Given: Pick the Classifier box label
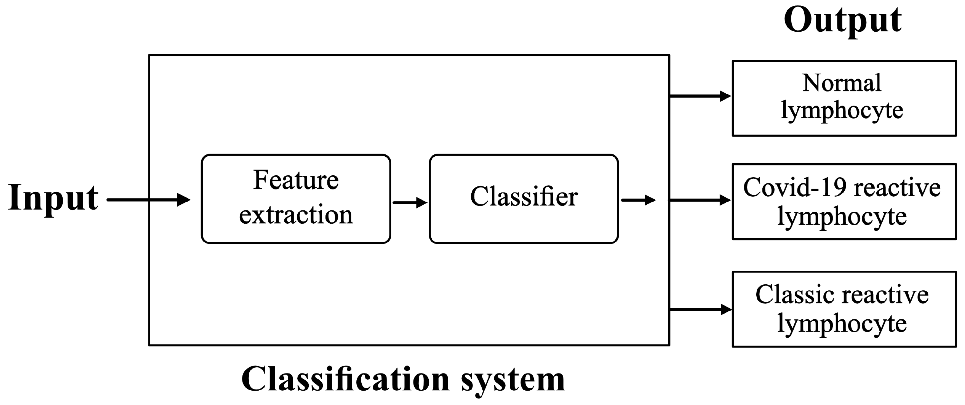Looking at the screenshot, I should (523, 197).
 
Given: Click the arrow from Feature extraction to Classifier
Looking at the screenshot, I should (410, 202).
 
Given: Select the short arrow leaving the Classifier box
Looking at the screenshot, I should (638, 200).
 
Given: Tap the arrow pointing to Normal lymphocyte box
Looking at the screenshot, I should (699, 96).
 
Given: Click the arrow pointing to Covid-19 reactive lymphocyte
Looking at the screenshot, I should (699, 200).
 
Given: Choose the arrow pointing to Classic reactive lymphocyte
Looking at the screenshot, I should (699, 310).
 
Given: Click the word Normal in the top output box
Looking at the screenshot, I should (841, 83).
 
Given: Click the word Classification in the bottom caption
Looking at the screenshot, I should (345, 379).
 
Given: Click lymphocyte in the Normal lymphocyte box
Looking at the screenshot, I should (841, 111).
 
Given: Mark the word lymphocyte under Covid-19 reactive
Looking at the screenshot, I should (841, 217).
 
